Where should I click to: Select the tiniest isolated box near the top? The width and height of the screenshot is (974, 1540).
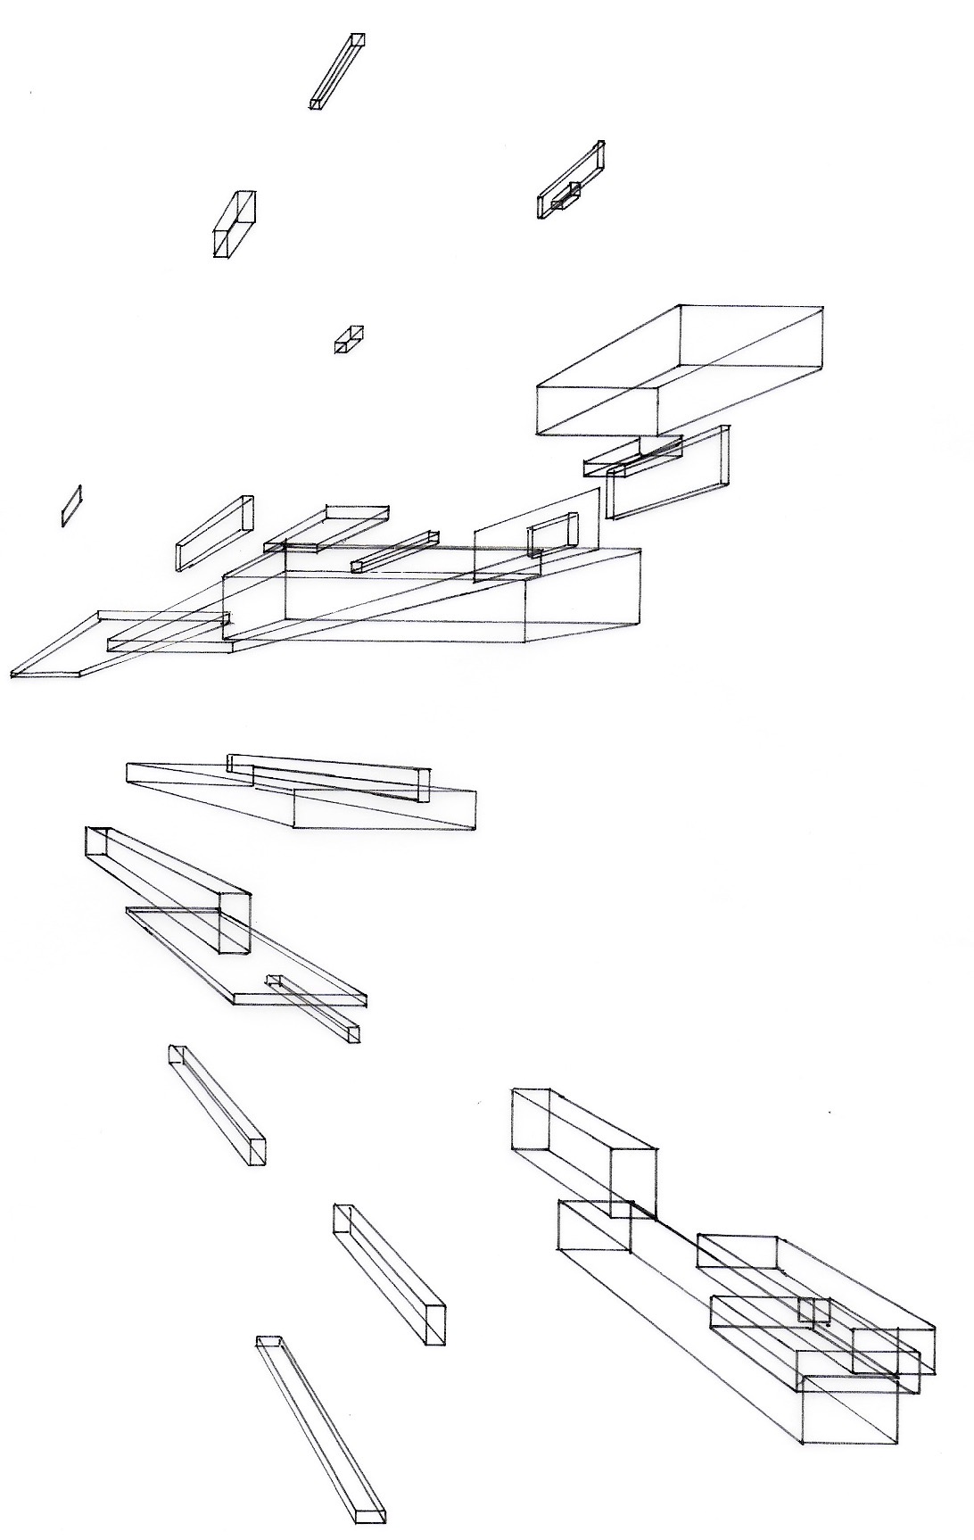coord(349,339)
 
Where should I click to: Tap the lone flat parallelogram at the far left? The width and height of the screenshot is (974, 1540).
coord(71,506)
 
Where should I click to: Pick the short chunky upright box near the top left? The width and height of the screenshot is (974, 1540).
coord(234,224)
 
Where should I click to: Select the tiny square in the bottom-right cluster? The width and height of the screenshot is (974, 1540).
coord(813,1310)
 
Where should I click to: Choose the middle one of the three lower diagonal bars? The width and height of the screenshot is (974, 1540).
coord(389,1273)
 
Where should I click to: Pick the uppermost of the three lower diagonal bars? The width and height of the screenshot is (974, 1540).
coord(217,1105)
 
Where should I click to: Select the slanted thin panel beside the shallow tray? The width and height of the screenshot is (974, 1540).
coord(214,533)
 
